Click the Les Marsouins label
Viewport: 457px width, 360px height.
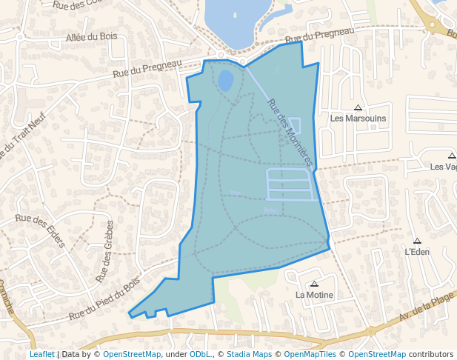tap(358, 118)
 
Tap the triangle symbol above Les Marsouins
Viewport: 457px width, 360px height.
tap(358, 107)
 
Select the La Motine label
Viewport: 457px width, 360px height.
tap(314, 295)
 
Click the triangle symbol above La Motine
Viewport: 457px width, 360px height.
tap(314, 284)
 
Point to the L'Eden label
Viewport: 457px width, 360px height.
tap(417, 252)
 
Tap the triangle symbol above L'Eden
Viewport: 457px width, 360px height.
tap(417, 241)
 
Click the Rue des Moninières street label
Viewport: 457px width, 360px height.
tap(290, 132)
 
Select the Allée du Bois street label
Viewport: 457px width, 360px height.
tap(91, 37)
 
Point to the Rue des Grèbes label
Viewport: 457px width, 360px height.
tap(104, 251)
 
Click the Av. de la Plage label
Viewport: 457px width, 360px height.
tap(426, 307)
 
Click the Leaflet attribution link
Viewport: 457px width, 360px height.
tap(41, 355)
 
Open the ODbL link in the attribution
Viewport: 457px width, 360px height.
tap(199, 355)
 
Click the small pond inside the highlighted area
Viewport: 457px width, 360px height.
tap(225, 80)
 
